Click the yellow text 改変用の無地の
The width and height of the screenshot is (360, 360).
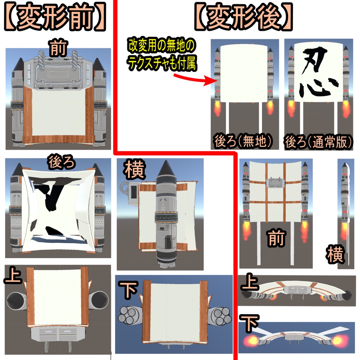(x=161, y=46)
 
